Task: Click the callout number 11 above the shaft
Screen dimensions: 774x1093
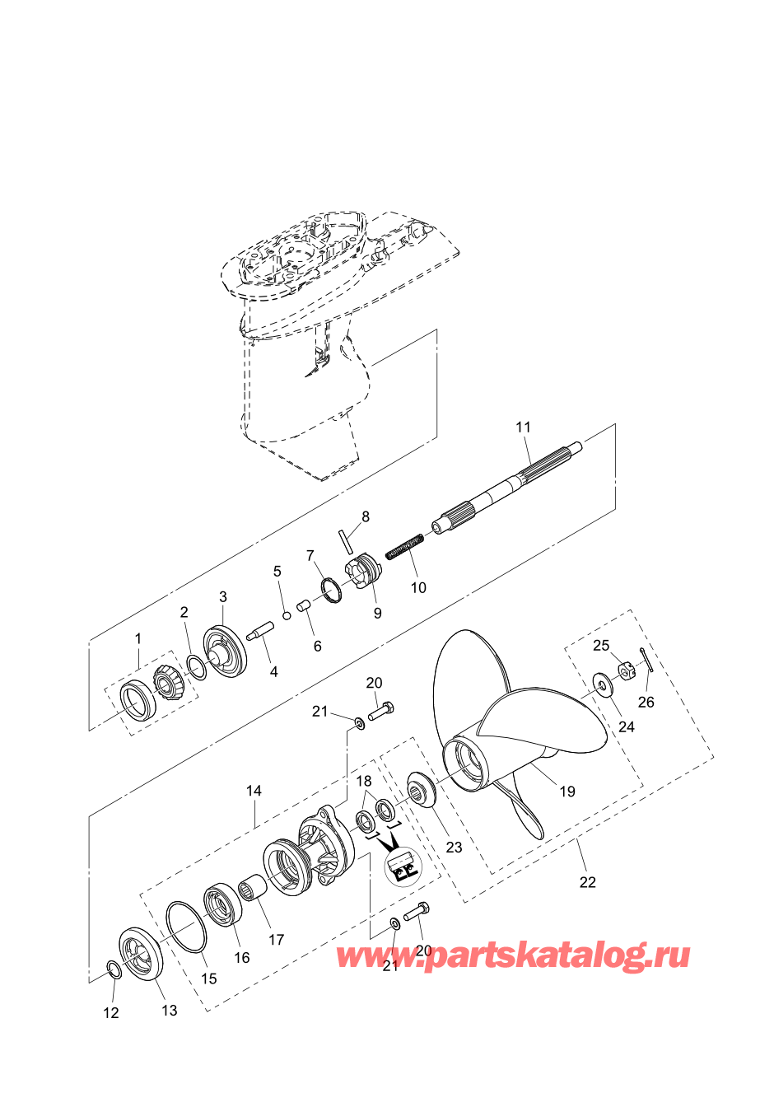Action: click(x=523, y=427)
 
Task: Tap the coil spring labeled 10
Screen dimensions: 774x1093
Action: click(x=404, y=546)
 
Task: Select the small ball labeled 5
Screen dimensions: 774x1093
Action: click(x=287, y=616)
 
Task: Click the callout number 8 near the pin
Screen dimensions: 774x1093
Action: click(x=366, y=516)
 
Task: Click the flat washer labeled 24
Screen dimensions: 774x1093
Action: click(x=603, y=684)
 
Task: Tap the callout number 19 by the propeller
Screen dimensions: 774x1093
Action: click(x=567, y=791)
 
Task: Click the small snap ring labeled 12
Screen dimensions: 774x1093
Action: click(x=114, y=969)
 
